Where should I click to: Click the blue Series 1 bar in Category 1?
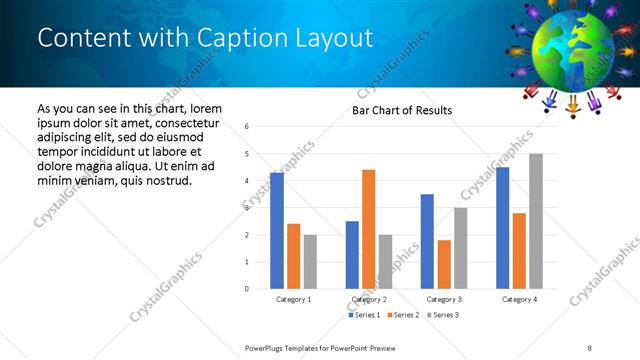(277, 231)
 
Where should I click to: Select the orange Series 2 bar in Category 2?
(368, 229)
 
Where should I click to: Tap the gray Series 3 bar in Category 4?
(536, 221)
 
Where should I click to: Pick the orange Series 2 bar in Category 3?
(444, 264)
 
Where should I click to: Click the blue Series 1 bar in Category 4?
(502, 228)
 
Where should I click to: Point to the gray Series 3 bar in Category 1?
(310, 262)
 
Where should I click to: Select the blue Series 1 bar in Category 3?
(427, 241)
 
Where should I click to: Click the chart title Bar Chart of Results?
(401, 110)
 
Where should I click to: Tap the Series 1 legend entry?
(363, 315)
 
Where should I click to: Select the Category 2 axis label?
(369, 299)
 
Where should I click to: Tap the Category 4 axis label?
(519, 299)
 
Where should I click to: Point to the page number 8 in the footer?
(590, 347)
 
